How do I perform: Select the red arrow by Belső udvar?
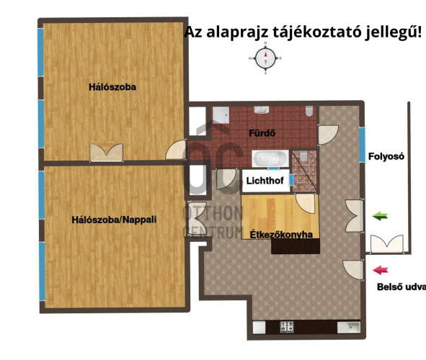click(381, 271)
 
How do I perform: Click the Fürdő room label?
click(262, 134)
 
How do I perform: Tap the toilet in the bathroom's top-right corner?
click(309, 112)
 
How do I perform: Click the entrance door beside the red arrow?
click(352, 269)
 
